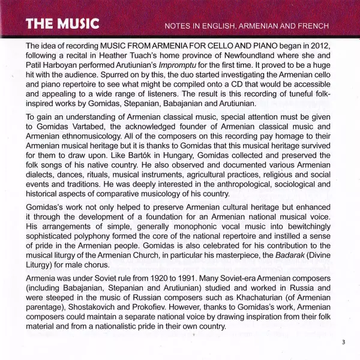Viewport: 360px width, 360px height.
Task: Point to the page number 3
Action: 344,342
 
